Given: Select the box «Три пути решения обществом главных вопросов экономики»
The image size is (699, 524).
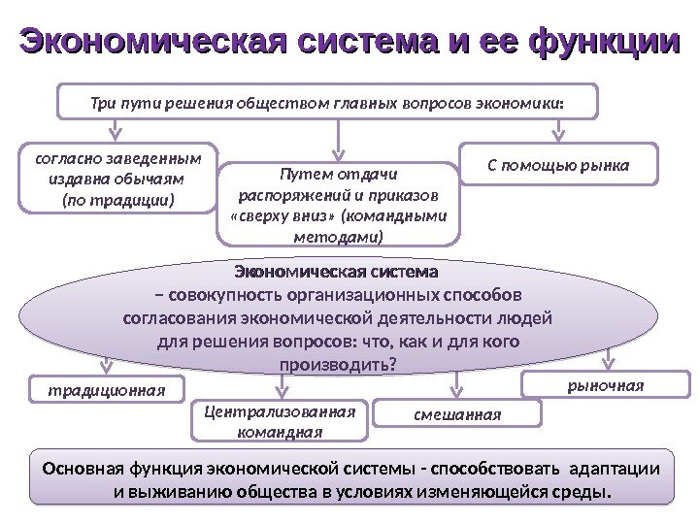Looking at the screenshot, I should click(x=329, y=101).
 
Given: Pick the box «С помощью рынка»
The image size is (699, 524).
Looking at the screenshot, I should click(x=558, y=165).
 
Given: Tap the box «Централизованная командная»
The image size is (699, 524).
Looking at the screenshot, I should click(x=281, y=420).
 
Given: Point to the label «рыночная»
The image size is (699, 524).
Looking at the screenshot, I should click(x=605, y=385).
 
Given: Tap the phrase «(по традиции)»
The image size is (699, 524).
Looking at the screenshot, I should click(x=118, y=200).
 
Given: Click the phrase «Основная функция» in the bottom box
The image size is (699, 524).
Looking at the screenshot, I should click(x=105, y=470).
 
